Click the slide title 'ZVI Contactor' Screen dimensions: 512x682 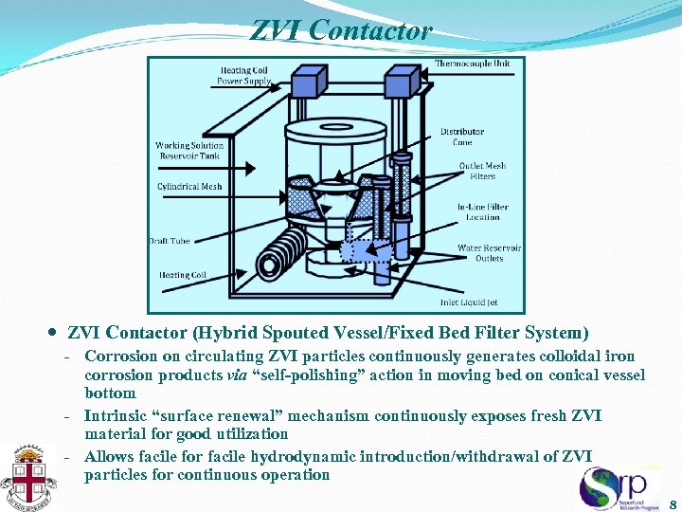pos(341,31)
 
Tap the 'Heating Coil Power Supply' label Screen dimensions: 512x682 pos(243,76)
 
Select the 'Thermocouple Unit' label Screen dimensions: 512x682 pos(472,64)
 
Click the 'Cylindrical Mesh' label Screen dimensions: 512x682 pos(189,187)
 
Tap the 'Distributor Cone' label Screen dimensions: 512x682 pos(462,137)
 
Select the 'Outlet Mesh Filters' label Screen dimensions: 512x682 pos(482,171)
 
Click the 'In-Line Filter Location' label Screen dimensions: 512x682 pos(482,211)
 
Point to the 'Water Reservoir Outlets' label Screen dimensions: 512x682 pos(489,253)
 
